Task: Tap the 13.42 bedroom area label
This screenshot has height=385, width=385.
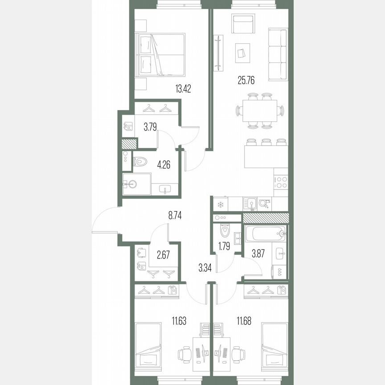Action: (184, 87)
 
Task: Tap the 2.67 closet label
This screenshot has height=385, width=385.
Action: (163, 255)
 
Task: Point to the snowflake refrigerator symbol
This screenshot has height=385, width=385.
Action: (220, 204)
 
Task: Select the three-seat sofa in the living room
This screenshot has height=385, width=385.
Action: (277, 54)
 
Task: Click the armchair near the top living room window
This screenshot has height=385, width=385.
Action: (243, 22)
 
